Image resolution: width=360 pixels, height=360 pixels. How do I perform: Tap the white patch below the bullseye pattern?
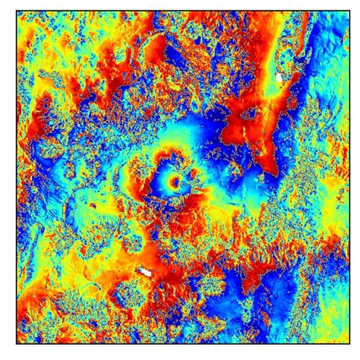coord(145,271)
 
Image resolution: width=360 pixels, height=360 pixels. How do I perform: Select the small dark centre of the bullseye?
coord(176,182)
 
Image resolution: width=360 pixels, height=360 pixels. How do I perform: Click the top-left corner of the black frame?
coord(16,12)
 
